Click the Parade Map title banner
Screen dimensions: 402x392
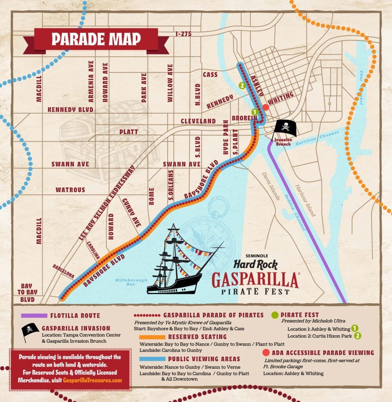pyautogui.click(x=96, y=39)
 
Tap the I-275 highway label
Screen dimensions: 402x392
pyautogui.click(x=183, y=34)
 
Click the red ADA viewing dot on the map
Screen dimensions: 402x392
pyautogui.click(x=266, y=107)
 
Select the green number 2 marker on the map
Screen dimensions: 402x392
pyautogui.click(x=242, y=85)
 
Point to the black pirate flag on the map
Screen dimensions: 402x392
pyautogui.click(x=285, y=128)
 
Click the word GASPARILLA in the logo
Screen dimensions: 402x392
pyautogui.click(x=255, y=280)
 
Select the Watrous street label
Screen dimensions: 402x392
pyautogui.click(x=70, y=190)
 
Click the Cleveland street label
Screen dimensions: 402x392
pyautogui.click(x=198, y=121)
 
